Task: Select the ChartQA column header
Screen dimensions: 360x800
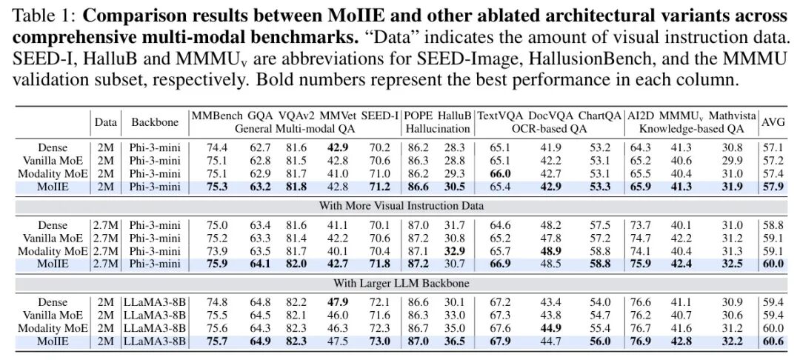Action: (x=599, y=116)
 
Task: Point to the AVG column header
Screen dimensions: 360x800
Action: (x=773, y=121)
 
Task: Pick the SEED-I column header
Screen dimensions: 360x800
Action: (x=379, y=116)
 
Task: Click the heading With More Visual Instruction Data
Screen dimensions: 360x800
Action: (x=401, y=204)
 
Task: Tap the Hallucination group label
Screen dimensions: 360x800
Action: (x=439, y=127)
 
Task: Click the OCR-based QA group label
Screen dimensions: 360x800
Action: (x=548, y=127)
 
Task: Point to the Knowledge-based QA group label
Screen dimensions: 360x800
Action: (x=691, y=127)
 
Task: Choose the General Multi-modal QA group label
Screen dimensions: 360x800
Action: (x=296, y=127)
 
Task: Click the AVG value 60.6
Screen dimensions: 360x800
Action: (x=773, y=341)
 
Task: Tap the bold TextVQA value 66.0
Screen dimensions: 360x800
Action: (x=498, y=173)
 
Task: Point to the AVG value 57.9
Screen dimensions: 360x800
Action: (x=773, y=185)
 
